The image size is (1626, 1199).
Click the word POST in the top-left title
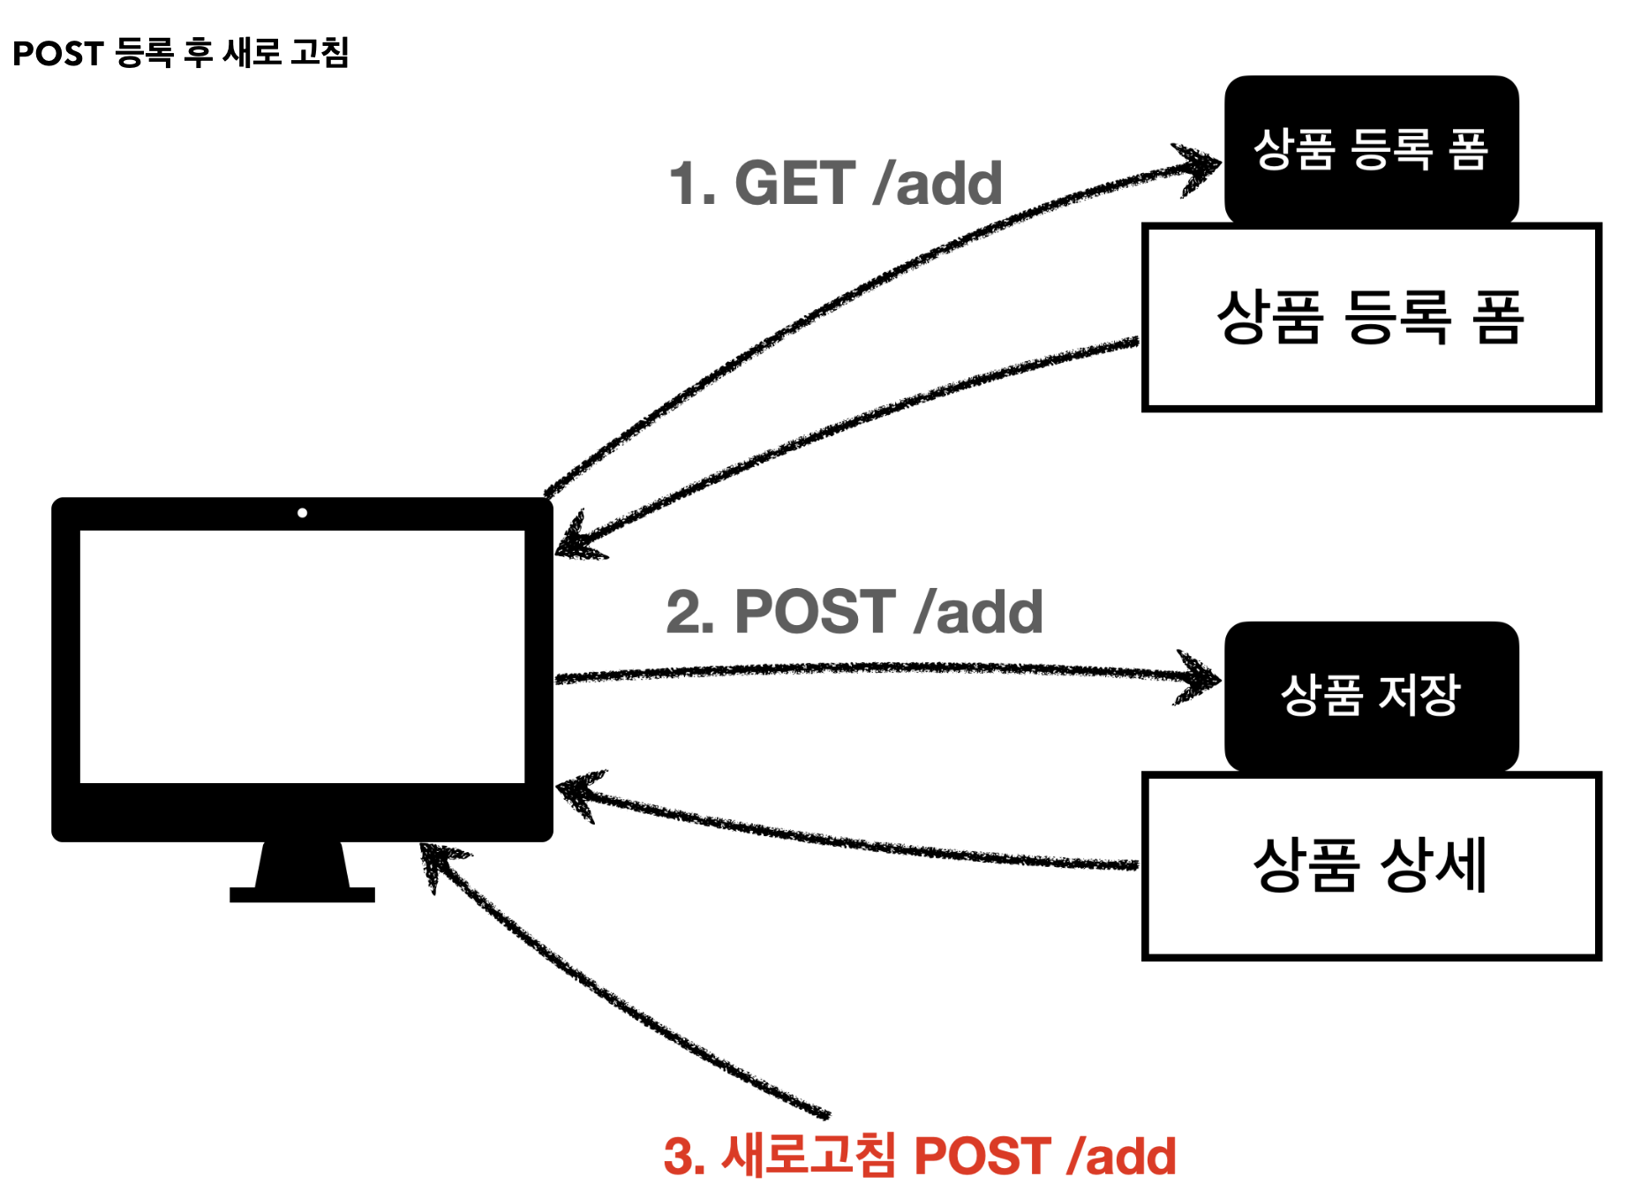pyautogui.click(x=58, y=54)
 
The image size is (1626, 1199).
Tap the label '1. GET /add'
pyautogui.click(x=835, y=184)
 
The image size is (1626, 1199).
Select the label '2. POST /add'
pyautogui.click(x=854, y=612)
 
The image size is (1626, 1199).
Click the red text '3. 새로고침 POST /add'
pyautogui.click(x=919, y=1156)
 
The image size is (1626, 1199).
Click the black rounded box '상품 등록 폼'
pyautogui.click(x=1370, y=148)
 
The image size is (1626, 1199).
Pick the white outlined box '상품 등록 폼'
pyautogui.click(x=1370, y=318)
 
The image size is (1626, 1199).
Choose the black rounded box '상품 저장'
pyautogui.click(x=1370, y=695)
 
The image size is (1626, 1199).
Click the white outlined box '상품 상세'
pyautogui.click(x=1370, y=865)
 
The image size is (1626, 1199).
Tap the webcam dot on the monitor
pyautogui.click(x=302, y=513)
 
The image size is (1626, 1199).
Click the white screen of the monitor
pyautogui.click(x=302, y=656)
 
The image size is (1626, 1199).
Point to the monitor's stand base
pyautogui.click(x=302, y=894)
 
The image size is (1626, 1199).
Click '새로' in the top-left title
pyautogui.click(x=251, y=53)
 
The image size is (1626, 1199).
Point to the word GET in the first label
pyautogui.click(x=794, y=184)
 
